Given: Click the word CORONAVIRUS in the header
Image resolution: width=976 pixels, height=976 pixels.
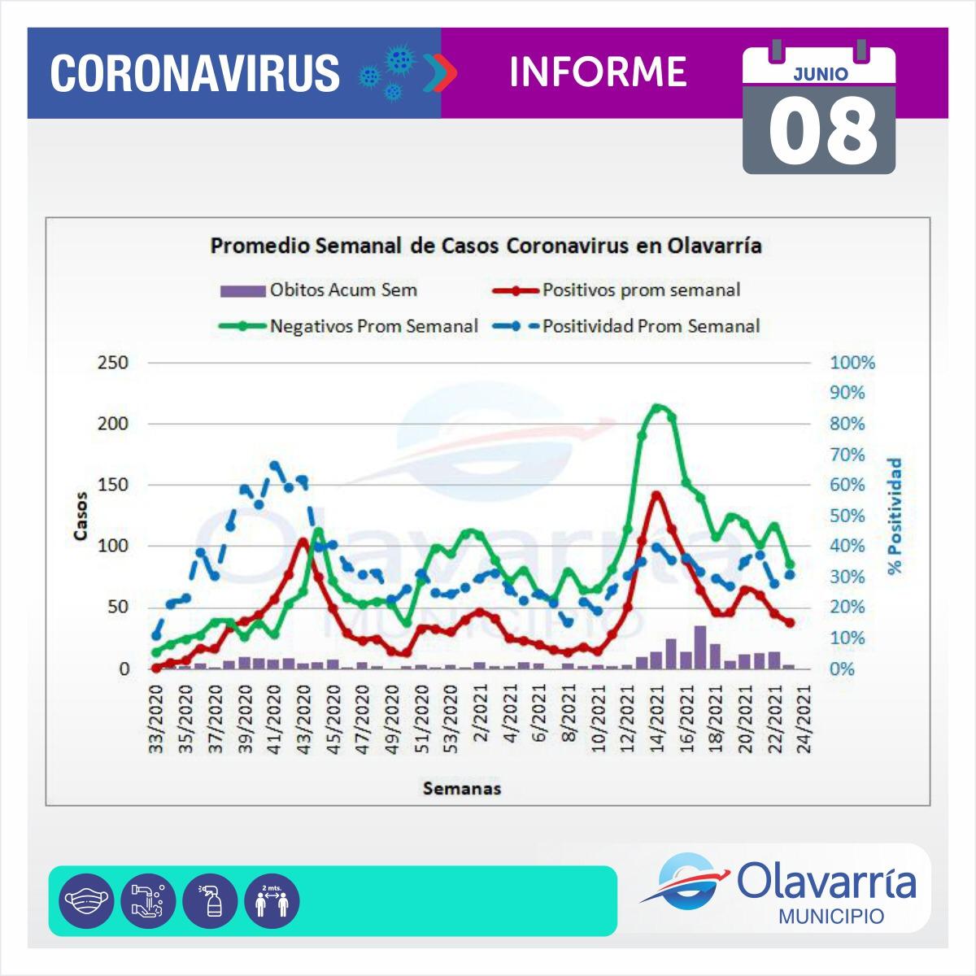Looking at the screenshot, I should [x=195, y=73].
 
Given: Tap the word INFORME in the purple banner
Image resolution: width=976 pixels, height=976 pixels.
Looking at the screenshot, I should [x=598, y=72].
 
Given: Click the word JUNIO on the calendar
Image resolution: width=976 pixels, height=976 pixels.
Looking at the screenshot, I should [x=820, y=74].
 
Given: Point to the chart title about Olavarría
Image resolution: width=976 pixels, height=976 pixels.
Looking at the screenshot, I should [x=486, y=246].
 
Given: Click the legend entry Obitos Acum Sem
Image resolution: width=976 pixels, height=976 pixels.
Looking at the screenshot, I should [x=343, y=290].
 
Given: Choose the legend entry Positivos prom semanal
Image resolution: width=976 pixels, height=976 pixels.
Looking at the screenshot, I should [x=641, y=290].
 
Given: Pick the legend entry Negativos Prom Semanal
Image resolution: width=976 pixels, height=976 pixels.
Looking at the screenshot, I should [x=373, y=326].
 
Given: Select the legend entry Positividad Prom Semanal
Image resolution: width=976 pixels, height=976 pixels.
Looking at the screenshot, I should [x=651, y=326].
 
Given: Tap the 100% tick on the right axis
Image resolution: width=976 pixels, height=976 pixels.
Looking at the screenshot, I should [x=852, y=363].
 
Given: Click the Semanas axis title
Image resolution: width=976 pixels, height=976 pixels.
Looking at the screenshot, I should [x=462, y=788].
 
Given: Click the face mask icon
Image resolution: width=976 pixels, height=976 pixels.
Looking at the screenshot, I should [x=89, y=901].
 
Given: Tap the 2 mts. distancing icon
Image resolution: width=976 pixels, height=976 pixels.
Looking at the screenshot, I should [x=272, y=901].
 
